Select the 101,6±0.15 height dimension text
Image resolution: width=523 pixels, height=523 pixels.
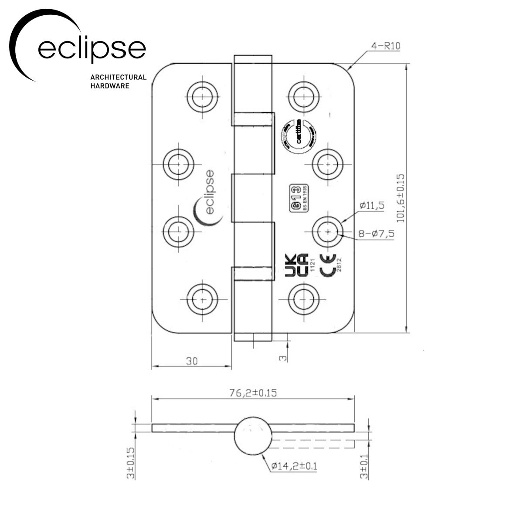(401, 198)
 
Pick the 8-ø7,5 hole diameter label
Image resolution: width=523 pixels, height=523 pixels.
(376, 234)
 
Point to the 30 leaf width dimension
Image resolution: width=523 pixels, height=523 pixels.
(192, 361)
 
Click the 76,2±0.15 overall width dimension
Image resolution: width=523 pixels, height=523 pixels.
(253, 392)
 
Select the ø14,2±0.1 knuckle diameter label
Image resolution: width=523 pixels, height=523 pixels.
(294, 466)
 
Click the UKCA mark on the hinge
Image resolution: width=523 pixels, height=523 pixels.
(297, 265)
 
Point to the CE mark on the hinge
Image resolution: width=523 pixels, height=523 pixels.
(328, 265)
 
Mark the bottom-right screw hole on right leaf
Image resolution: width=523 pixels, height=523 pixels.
(303, 299)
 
